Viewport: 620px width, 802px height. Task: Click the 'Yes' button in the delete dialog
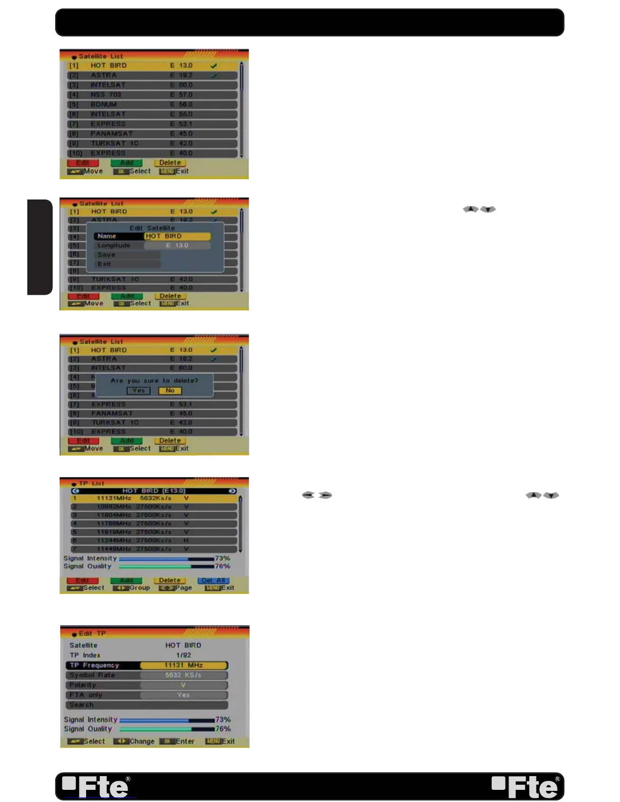[138, 390]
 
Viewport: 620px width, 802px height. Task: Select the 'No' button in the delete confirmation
[170, 390]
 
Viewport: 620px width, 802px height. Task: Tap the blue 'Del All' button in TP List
[213, 580]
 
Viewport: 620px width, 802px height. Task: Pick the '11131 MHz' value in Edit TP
[183, 665]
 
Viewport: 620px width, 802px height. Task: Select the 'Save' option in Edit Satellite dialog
[107, 255]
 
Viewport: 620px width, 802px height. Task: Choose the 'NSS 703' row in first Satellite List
[106, 95]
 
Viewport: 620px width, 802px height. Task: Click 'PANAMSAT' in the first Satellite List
[111, 134]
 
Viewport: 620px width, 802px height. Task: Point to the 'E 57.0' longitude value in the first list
[181, 95]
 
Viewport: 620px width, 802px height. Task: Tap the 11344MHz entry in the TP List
[114, 540]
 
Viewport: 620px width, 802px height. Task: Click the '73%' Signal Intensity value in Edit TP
[223, 719]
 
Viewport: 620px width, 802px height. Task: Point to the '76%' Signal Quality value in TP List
[222, 566]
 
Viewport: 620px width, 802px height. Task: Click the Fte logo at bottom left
[96, 786]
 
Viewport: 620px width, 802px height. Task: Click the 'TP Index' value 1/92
[183, 655]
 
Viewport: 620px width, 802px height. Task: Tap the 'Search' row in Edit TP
[82, 705]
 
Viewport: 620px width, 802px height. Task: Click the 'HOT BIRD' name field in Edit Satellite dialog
[177, 236]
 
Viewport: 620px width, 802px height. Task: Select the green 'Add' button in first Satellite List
[127, 163]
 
